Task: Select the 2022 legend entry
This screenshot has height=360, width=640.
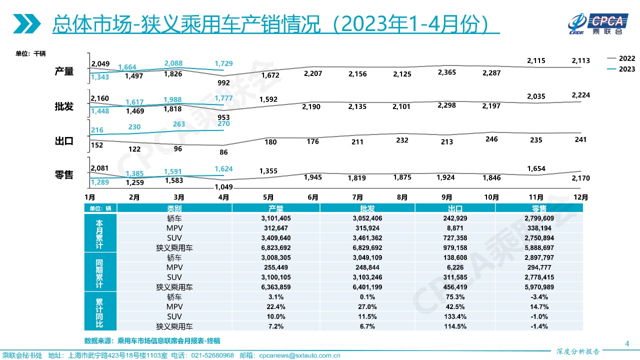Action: point(626,58)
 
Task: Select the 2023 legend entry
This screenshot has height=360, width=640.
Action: point(626,69)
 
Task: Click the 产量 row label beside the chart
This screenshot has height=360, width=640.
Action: point(64,71)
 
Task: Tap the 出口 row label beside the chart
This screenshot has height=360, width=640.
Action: point(64,141)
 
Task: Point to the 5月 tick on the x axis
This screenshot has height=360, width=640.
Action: point(268,197)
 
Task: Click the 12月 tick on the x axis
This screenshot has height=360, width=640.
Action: point(580,197)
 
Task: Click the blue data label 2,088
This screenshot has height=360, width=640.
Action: point(173,63)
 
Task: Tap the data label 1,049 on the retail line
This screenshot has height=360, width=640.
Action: point(223,187)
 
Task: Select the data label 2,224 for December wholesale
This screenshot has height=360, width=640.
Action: point(580,95)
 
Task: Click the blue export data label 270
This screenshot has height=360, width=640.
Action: point(223,123)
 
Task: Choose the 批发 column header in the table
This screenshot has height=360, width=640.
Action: point(367,208)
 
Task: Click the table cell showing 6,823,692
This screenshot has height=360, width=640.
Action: point(275,247)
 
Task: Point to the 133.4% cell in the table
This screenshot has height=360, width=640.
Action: point(455,316)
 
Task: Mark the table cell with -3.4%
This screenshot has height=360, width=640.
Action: point(539,297)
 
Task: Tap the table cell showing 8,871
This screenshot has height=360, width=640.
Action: point(455,228)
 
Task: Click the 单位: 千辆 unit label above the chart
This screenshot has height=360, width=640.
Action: point(30,53)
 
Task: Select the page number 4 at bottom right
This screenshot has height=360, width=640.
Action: point(627,343)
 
